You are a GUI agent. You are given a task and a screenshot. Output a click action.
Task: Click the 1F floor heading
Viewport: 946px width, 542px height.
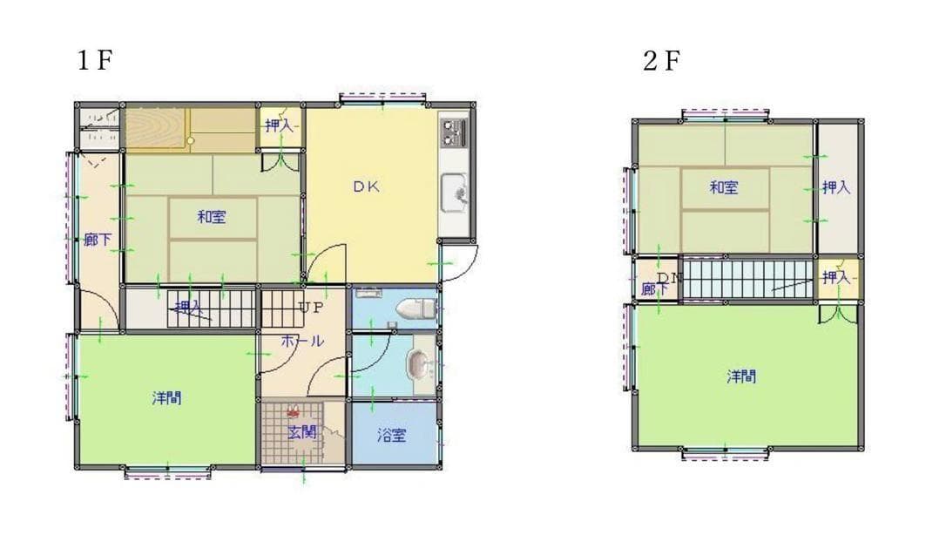tap(95, 61)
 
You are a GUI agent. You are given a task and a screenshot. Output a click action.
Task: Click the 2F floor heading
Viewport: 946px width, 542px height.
tap(661, 61)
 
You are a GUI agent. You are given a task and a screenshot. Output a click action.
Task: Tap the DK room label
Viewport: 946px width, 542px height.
tap(367, 186)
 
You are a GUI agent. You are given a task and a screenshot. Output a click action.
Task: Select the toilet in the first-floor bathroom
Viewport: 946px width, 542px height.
tap(415, 308)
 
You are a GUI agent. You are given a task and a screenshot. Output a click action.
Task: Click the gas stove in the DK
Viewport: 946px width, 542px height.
tap(453, 132)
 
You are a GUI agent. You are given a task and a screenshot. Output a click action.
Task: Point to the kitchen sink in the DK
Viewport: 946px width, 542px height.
tap(453, 193)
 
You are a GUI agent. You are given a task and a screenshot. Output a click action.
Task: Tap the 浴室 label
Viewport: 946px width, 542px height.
tap(391, 435)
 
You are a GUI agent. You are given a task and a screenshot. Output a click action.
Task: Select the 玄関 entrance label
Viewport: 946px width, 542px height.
tap(302, 431)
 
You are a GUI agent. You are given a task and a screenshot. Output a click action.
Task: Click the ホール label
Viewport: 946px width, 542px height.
tap(302, 341)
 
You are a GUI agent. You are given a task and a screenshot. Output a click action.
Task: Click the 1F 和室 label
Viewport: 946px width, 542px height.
tap(212, 217)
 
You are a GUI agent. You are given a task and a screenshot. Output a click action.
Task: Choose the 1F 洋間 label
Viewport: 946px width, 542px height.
tap(166, 398)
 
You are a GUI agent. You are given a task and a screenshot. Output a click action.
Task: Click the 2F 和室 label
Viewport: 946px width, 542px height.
tap(724, 186)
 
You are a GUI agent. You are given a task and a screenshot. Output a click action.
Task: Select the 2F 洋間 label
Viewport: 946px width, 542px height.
tap(741, 376)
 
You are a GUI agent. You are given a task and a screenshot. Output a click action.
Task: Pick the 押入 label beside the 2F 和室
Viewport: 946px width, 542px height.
tap(836, 186)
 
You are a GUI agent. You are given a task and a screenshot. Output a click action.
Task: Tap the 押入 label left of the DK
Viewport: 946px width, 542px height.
tap(280, 126)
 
